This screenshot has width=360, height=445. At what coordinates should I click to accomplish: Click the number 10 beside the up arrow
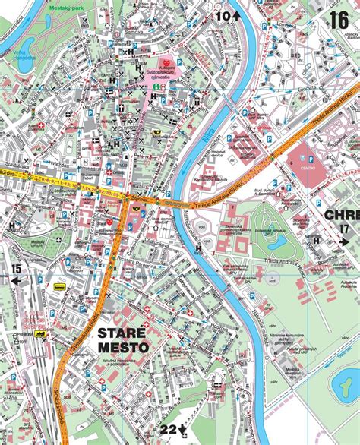(x=223, y=15)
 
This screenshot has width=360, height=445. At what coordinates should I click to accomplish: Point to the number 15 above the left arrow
(x=17, y=267)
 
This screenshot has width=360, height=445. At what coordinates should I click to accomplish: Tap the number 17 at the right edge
(x=346, y=229)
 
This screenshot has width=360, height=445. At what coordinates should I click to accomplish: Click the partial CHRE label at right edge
(x=341, y=215)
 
